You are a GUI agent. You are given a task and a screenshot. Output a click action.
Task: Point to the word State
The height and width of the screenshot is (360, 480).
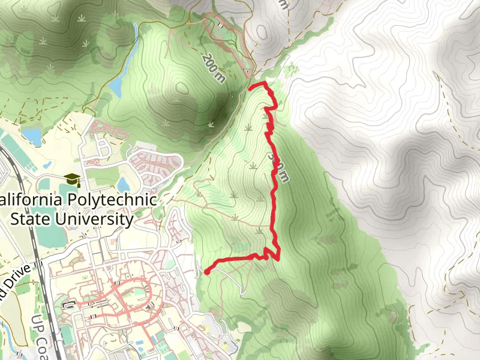pyautogui.click(x=31, y=219)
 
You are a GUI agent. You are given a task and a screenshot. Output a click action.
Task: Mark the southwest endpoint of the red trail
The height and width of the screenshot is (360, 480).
pyautogui.click(x=207, y=272)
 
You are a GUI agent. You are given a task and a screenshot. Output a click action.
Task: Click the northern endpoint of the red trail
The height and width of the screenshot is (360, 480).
pyautogui.click(x=250, y=88)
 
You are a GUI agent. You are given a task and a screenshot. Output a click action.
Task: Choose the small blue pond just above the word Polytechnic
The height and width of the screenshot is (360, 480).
pyautogui.click(x=124, y=183)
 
